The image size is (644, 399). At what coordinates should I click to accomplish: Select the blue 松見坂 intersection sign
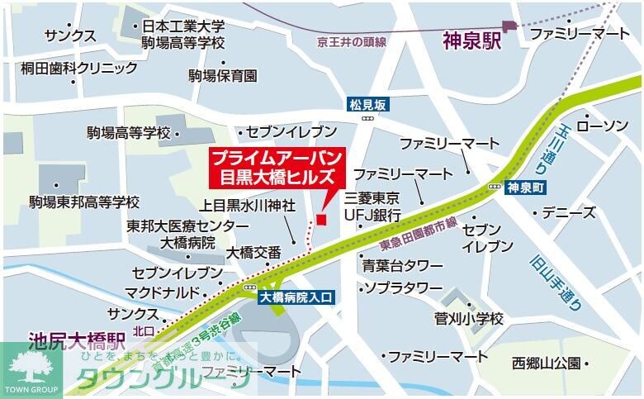pos(367,105)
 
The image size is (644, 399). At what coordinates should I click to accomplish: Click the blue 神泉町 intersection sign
pos(526,187)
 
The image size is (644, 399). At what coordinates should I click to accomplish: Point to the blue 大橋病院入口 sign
pos(296,297)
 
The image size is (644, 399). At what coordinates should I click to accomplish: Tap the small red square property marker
pos(321,219)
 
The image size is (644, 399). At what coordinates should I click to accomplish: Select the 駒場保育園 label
pos(222,76)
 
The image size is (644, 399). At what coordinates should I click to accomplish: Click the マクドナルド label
pos(162,292)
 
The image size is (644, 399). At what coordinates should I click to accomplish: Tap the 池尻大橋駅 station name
pos(76,339)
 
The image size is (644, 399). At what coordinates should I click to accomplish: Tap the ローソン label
pos(602,126)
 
